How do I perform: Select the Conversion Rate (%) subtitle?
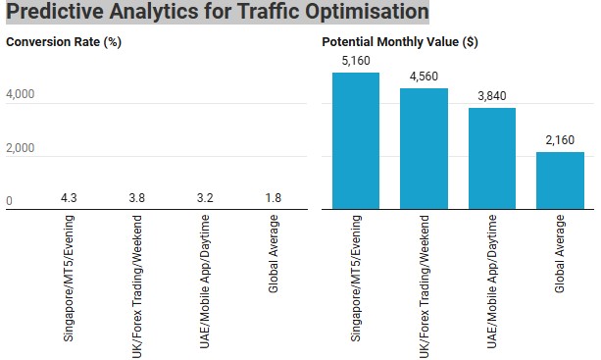click(64, 43)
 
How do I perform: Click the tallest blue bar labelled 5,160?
click(355, 140)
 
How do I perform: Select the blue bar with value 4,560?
click(424, 148)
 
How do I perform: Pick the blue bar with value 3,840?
click(491, 158)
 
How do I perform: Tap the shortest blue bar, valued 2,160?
click(560, 180)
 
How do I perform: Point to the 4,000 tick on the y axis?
click(21, 95)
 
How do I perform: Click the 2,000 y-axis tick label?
click(21, 148)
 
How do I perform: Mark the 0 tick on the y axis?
click(10, 201)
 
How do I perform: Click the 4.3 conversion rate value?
click(70, 199)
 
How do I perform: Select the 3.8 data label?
click(137, 199)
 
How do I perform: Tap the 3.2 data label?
click(205, 199)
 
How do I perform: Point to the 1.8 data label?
click(274, 199)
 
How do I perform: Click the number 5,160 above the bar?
click(355, 62)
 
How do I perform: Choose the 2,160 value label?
click(560, 141)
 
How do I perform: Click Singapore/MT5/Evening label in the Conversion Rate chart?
click(70, 279)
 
